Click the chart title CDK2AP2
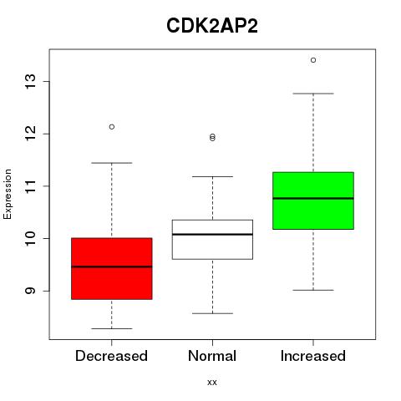coord(212,26)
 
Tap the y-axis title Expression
coord(8,194)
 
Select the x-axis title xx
coord(212,382)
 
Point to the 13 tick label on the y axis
coord(30,81)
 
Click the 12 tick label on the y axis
coord(30,134)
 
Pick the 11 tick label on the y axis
coord(30,186)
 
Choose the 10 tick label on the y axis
coord(30,238)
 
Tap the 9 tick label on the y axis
coord(30,291)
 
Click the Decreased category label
coord(111,356)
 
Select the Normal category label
coord(212,356)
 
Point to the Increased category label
coord(313,356)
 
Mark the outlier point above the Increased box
coord(313,60)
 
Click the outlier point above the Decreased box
coord(112,127)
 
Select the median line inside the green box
coord(313,198)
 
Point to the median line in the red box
coord(112,266)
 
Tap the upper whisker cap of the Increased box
coord(313,94)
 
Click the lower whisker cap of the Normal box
coord(212,313)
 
